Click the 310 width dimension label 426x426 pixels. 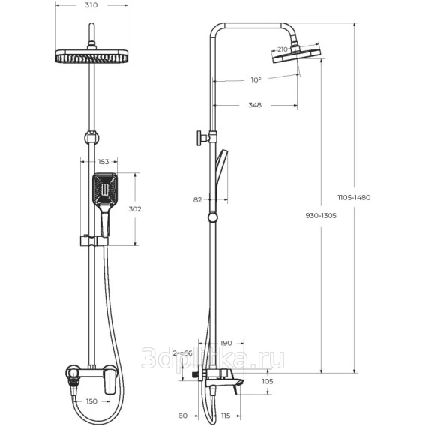click(91, 5)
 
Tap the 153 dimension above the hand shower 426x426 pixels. click(103, 162)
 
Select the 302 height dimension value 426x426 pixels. click(135, 209)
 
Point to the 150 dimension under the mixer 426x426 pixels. click(91, 401)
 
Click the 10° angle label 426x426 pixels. click(256, 79)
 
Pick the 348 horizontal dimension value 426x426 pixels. click(255, 105)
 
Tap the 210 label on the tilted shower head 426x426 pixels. click(283, 49)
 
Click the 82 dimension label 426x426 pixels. click(198, 200)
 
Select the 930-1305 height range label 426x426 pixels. click(321, 216)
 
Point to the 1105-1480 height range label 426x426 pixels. click(354, 197)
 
